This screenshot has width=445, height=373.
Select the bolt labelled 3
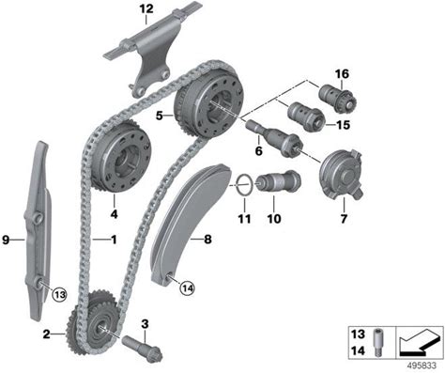(x=143, y=348)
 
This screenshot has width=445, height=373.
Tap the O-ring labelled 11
(x=244, y=185)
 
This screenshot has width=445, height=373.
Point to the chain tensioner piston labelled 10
(x=278, y=182)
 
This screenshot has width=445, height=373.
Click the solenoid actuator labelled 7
(x=342, y=173)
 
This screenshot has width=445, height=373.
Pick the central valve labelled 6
(x=275, y=138)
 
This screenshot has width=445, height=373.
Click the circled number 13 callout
(x=60, y=294)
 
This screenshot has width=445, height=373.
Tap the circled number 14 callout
(x=187, y=288)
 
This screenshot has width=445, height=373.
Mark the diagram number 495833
(x=422, y=365)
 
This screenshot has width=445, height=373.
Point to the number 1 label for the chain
(x=114, y=240)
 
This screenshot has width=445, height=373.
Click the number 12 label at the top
(x=146, y=8)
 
